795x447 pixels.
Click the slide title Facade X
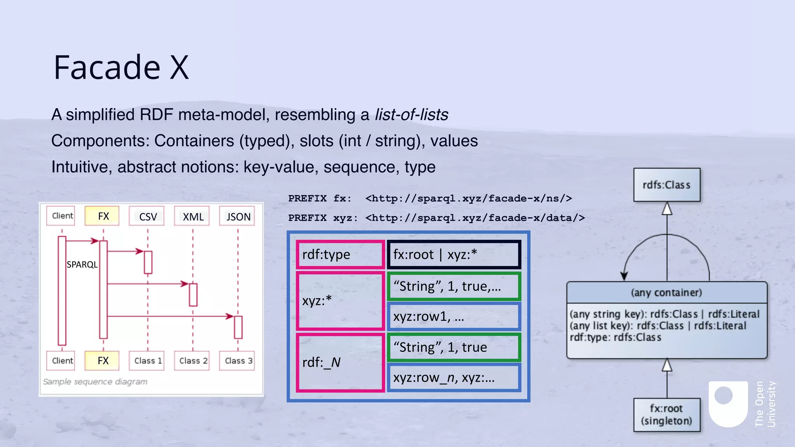121,68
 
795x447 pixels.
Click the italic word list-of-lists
411,115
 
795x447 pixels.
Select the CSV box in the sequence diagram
148,216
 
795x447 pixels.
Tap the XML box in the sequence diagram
193,216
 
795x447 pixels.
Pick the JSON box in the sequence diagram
238,216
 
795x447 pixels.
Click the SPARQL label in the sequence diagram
82,265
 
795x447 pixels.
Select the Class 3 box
238,361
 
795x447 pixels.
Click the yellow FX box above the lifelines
103,216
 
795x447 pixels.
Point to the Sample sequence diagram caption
95,382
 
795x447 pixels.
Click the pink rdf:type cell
340,255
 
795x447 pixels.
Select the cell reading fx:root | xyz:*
454,255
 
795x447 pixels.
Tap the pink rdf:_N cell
340,362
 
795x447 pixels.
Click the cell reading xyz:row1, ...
454,317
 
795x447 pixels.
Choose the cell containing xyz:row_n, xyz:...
454,378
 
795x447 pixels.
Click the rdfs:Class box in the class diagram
667,185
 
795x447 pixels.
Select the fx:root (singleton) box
667,415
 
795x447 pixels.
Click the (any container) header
667,293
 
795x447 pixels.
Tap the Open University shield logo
728,404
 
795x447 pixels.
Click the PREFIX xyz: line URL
475,218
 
